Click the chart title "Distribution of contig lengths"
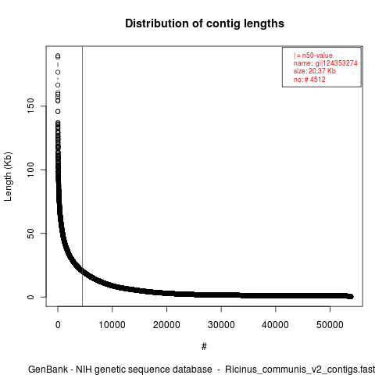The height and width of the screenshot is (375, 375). (x=205, y=23)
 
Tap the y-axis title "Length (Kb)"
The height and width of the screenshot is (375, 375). (x=8, y=177)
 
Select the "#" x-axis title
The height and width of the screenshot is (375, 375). (x=204, y=346)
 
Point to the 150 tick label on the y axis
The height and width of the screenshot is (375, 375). (x=30, y=105)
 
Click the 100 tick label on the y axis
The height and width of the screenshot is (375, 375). (x=30, y=170)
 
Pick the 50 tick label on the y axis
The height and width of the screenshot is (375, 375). (x=30, y=234)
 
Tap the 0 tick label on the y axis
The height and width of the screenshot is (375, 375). (x=30, y=297)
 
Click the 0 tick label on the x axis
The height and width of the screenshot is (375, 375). (x=58, y=325)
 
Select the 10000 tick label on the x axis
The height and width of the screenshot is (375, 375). (x=112, y=325)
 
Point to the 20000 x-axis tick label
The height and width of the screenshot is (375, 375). (x=166, y=325)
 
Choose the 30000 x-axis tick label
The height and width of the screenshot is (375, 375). (x=221, y=325)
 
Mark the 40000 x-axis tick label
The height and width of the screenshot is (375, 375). (x=275, y=325)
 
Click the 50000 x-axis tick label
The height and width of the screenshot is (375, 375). (x=330, y=325)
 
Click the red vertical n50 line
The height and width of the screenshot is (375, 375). (x=82, y=177)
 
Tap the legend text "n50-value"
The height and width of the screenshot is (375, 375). (x=317, y=55)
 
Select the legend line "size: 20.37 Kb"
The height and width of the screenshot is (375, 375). (x=315, y=71)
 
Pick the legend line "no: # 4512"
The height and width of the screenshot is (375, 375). (x=309, y=79)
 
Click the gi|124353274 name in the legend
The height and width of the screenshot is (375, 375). (x=336, y=63)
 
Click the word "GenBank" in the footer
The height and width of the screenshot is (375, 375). (x=48, y=370)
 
